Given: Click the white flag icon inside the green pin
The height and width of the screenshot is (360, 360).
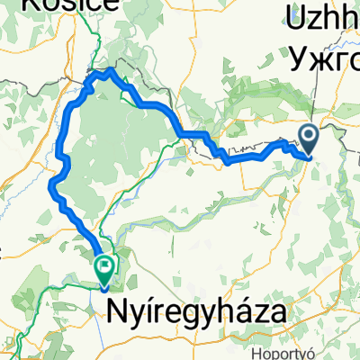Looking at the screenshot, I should (x=105, y=265).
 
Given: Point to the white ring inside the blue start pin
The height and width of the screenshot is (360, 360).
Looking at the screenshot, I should (x=309, y=137).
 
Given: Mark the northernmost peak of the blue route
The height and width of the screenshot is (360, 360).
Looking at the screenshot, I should (x=111, y=69).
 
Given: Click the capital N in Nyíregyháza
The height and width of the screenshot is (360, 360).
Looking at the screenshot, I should (x=120, y=312).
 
